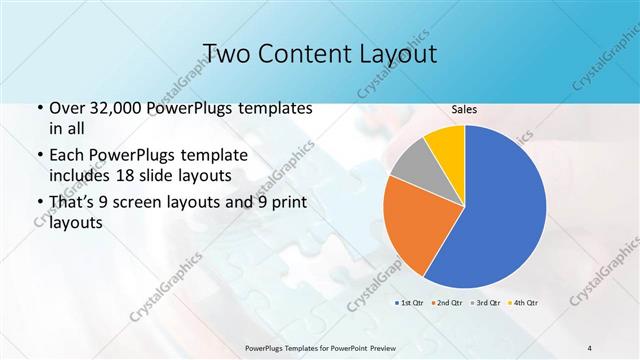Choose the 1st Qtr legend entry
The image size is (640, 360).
coord(410,302)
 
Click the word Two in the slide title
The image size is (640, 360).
coord(228,53)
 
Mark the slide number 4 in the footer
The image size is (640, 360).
coord(589,347)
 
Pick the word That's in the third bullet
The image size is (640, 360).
coord(72,203)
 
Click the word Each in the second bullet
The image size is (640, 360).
coord(67,156)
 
